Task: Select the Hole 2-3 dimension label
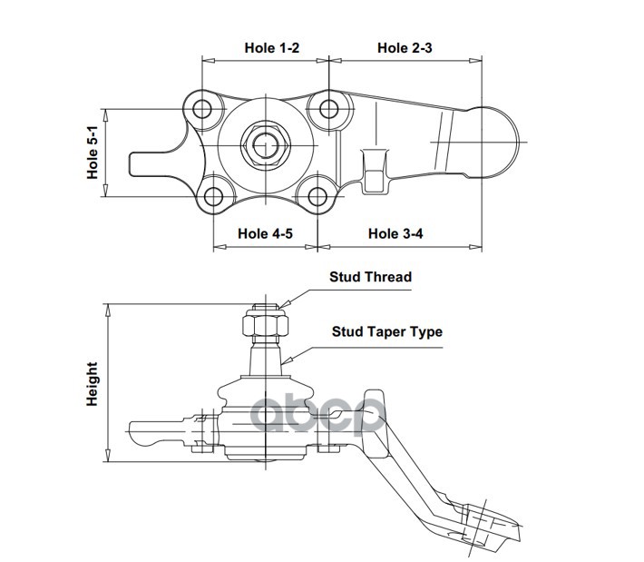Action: click(404, 47)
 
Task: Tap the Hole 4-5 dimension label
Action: click(265, 233)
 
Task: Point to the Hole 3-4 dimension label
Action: click(395, 233)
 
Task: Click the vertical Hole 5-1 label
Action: click(93, 153)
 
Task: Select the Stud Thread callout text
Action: click(370, 277)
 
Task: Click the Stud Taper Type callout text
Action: click(386, 331)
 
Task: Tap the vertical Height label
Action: click(93, 384)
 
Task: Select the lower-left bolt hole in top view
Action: click(214, 196)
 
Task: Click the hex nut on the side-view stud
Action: click(264, 322)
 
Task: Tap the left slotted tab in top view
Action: click(154, 164)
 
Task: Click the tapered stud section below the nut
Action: click(266, 356)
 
